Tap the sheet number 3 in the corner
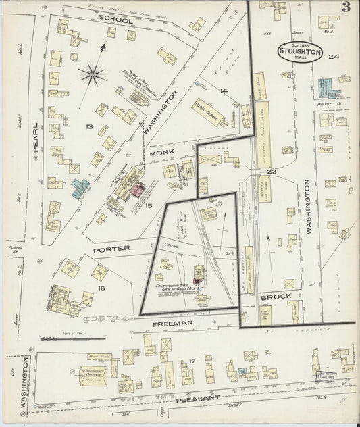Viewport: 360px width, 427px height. pyautogui.click(x=345, y=9)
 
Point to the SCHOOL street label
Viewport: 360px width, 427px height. pyautogui.click(x=115, y=18)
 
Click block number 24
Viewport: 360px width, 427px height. pyautogui.click(x=333, y=57)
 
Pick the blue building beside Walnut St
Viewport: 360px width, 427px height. pyautogui.click(x=326, y=89)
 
